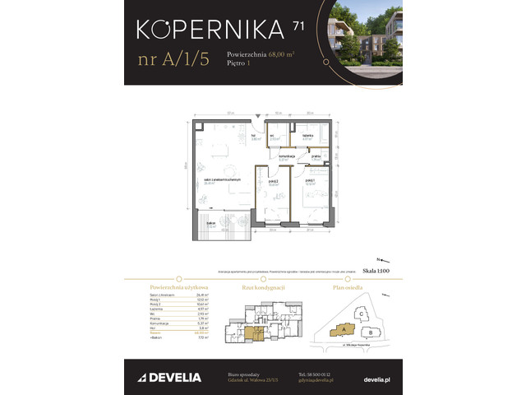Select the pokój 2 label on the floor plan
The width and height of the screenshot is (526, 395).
click(x=272, y=182)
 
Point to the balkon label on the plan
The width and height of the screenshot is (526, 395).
click(x=211, y=223)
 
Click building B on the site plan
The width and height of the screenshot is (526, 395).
click(x=370, y=332)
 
